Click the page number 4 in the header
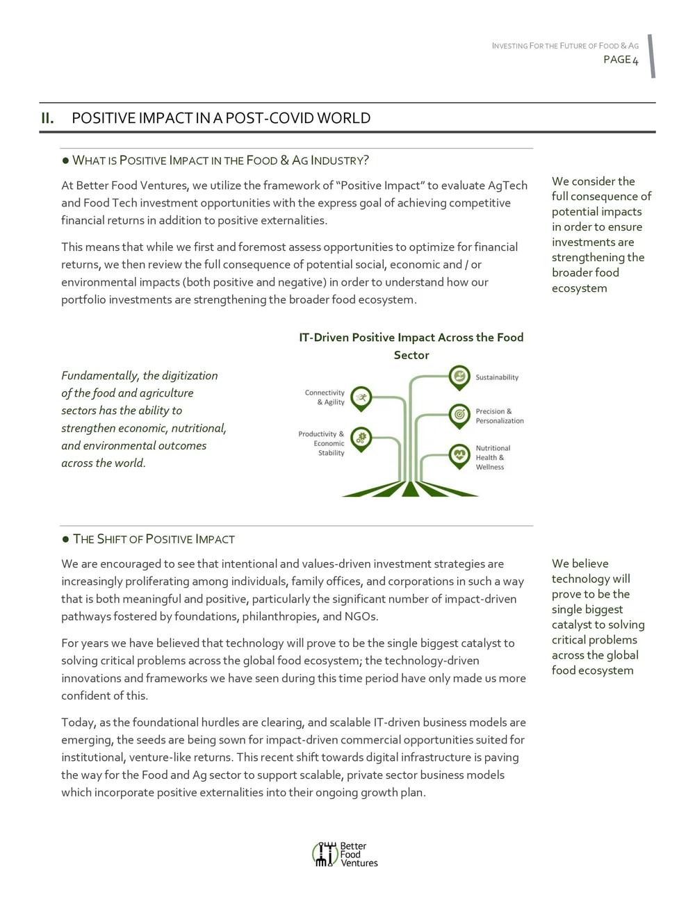tap(635, 60)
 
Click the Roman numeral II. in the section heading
tap(47, 118)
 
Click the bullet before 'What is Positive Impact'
tap(65, 160)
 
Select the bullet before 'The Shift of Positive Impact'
tap(65, 539)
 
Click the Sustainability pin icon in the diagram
tap(459, 377)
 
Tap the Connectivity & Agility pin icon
tap(361, 398)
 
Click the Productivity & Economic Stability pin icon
tap(361, 438)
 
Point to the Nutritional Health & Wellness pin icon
tap(459, 456)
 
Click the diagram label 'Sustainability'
tap(497, 377)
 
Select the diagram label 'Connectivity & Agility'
tap(325, 397)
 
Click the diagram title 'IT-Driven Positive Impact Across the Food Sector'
tap(411, 346)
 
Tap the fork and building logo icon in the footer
tap(325, 854)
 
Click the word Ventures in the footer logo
tap(359, 863)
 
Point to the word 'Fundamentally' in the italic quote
tap(100, 376)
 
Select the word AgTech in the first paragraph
tap(507, 185)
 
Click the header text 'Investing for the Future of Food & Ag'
tap(565, 46)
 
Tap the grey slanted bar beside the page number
tap(652, 56)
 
